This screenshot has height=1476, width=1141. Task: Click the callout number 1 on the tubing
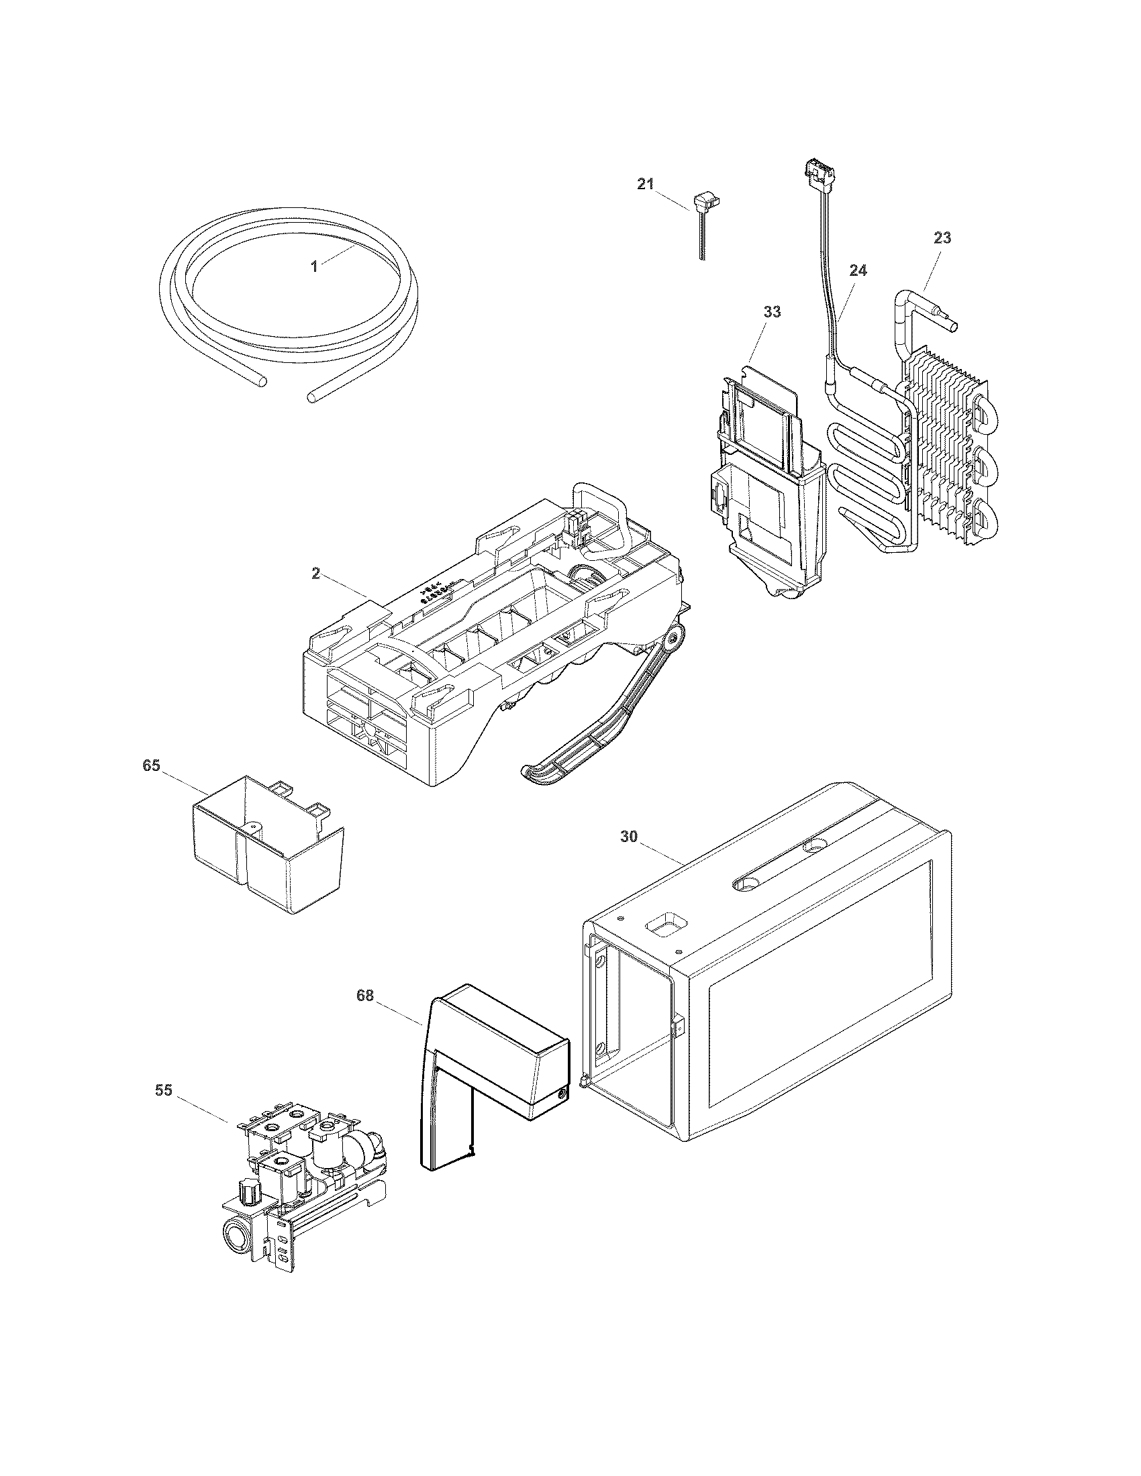pyautogui.click(x=314, y=266)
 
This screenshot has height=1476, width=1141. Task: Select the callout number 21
pyautogui.click(x=646, y=184)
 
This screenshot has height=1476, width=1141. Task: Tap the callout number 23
pyautogui.click(x=942, y=238)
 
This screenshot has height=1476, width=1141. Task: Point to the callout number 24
pyautogui.click(x=857, y=270)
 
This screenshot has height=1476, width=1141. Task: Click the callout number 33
pyautogui.click(x=772, y=311)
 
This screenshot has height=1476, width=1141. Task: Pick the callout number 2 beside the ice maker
pyautogui.click(x=315, y=573)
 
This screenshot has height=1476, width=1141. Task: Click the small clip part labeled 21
pyautogui.click(x=701, y=203)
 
